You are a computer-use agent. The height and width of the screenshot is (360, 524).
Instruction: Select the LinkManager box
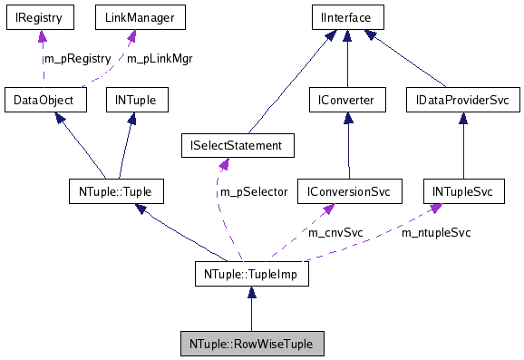coord(128,17)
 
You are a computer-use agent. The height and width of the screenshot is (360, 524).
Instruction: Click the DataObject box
coord(44,98)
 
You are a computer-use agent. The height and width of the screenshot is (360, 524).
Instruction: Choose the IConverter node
coord(347,98)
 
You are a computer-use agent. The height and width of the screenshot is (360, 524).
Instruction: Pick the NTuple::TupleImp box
coord(252,272)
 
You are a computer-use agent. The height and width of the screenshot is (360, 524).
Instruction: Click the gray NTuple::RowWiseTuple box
coord(252,345)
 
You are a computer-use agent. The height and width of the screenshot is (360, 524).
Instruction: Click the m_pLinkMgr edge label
coord(159,59)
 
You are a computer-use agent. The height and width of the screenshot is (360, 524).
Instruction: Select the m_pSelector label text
coord(252,192)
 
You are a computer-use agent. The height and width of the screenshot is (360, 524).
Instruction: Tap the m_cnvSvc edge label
coord(335,233)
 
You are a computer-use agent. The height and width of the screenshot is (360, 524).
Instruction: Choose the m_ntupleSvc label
coord(436,233)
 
